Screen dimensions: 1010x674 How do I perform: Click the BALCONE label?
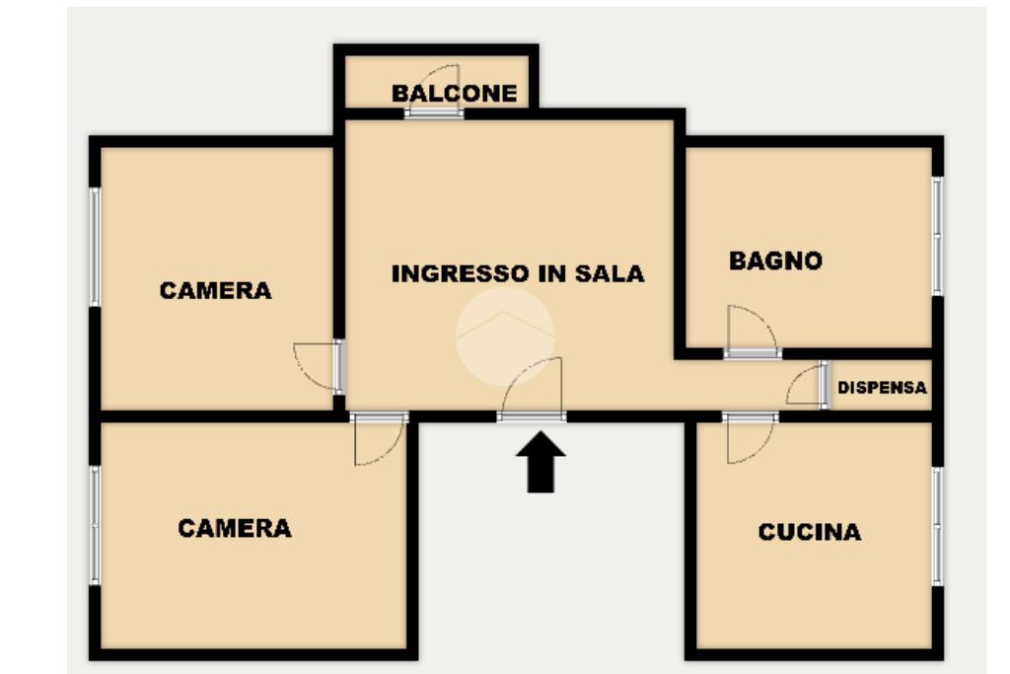[454, 94]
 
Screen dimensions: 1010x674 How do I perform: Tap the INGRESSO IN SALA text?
[518, 273]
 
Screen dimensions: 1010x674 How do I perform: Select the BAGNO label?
[775, 262]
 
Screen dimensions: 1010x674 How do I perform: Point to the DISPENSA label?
[882, 389]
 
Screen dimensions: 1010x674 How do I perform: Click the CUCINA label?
[809, 533]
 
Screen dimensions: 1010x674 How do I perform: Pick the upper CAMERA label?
[215, 291]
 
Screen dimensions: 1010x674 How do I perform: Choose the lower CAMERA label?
[235, 529]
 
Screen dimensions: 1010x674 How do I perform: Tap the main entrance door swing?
[533, 391]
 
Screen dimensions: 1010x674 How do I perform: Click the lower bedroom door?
[379, 438]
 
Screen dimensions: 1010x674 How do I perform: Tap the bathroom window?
[937, 235]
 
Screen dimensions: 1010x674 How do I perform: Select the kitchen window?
[937, 526]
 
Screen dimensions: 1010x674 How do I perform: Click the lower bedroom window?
[96, 525]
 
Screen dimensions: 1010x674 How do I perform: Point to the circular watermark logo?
[504, 336]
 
